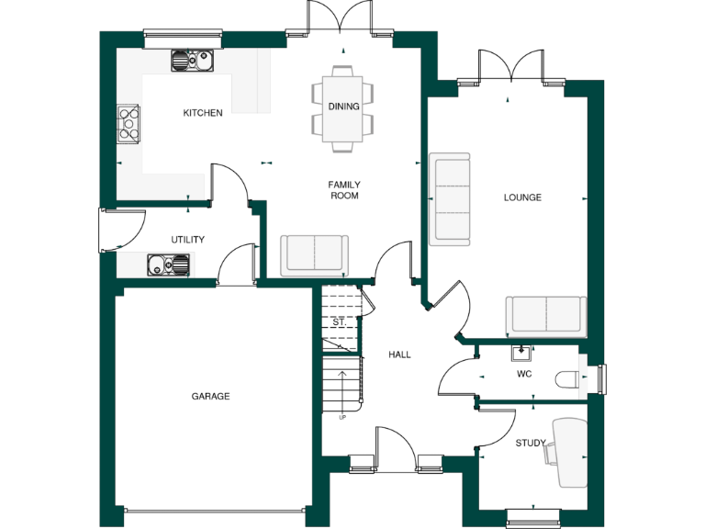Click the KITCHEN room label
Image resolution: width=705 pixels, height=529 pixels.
coord(203,113)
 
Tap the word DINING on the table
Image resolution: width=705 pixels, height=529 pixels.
coord(344,107)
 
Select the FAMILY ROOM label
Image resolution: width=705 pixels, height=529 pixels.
coord(343,190)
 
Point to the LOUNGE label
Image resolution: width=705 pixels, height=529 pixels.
coord(522,197)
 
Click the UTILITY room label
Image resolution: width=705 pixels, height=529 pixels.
coord(187,240)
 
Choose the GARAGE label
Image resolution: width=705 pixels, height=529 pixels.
coord(210,397)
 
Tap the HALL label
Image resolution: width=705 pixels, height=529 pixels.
coord(399,355)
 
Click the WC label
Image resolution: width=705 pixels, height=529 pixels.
coord(524,374)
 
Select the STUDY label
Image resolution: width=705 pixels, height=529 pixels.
coord(530,444)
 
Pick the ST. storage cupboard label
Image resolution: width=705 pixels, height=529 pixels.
coord(339,323)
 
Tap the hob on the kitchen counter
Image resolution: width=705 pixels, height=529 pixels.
coord(129,124)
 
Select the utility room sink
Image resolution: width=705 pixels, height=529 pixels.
coord(168,265)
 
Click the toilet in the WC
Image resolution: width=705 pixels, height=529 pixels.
coord(568,377)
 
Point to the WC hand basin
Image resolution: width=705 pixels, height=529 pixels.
coord(521,351)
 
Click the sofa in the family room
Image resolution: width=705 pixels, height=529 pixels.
coord(315,254)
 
